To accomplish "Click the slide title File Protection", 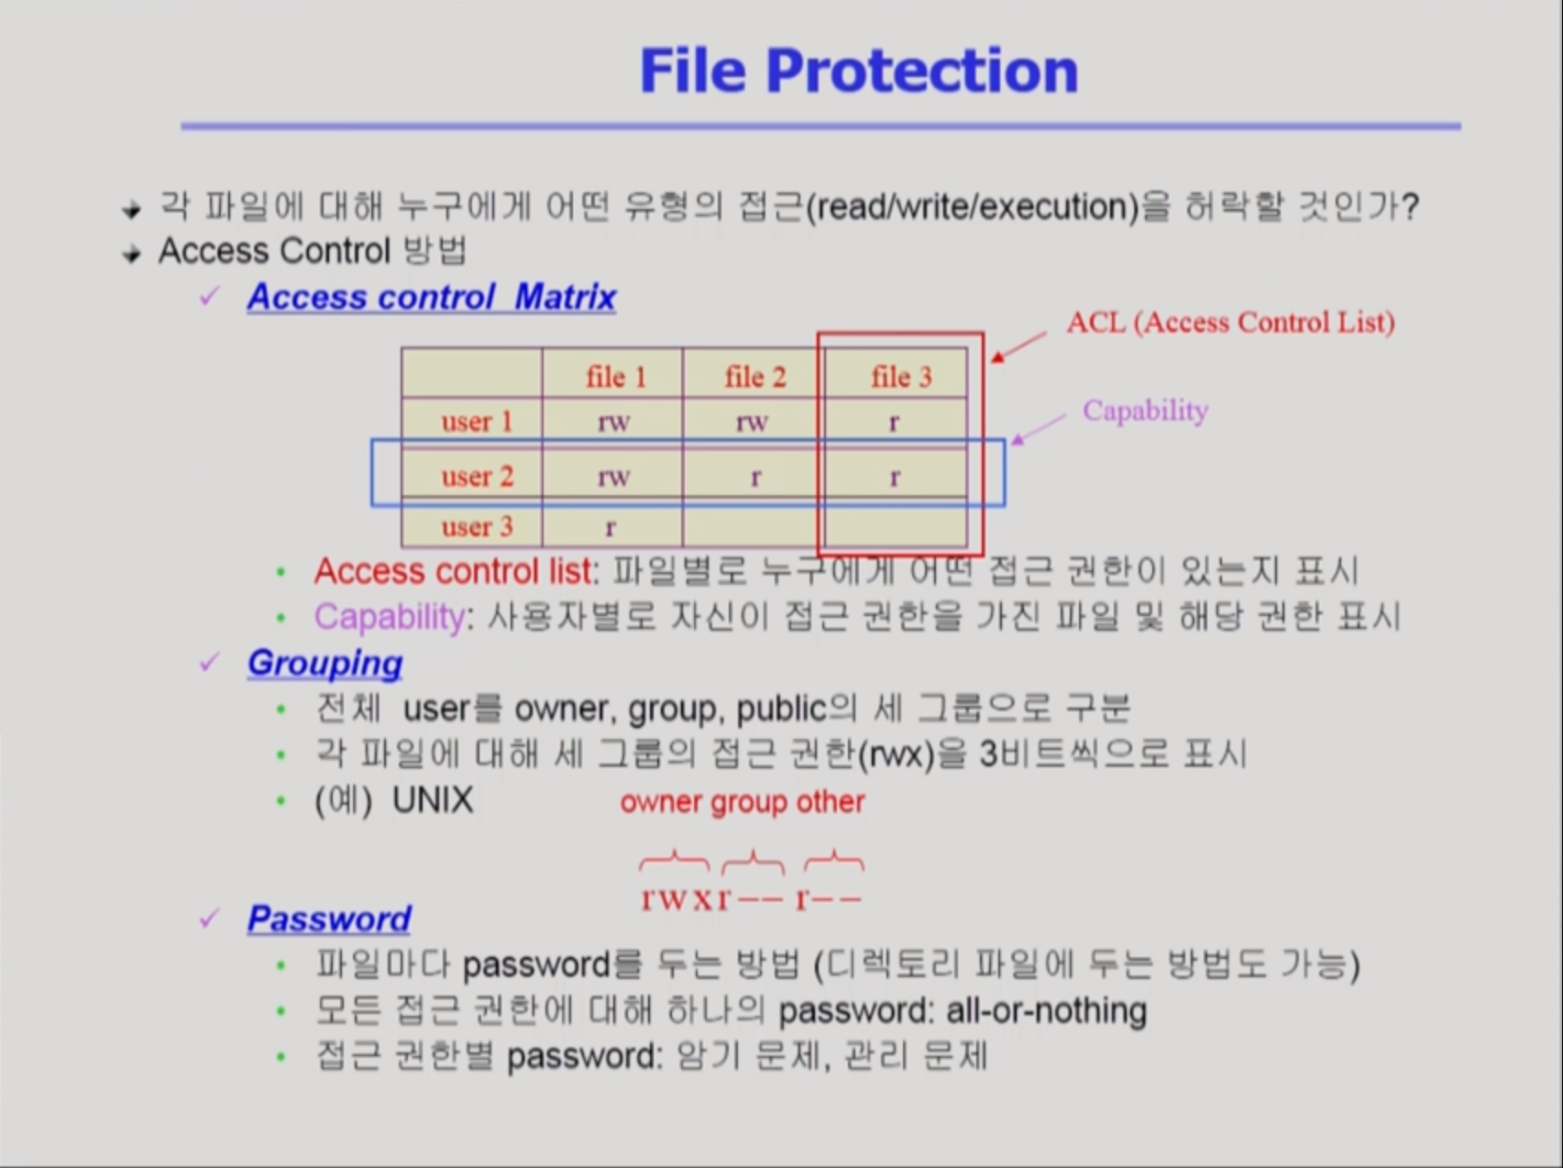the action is (x=858, y=71).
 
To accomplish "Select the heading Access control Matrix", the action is (x=431, y=297).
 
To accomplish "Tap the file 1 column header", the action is (x=616, y=377).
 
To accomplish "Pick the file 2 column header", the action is (x=755, y=377).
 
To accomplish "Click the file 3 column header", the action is (x=901, y=377).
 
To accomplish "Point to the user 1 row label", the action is (x=477, y=422).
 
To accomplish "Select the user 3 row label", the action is (x=477, y=527).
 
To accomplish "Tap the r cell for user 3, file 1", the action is (x=611, y=528).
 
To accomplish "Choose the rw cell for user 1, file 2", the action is (x=752, y=423).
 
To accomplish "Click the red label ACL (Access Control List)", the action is (x=1230, y=323).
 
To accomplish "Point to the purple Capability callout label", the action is (x=1145, y=411).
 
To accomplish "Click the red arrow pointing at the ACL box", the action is (x=1018, y=347).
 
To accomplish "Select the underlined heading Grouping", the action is (x=325, y=663).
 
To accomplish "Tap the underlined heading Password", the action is (x=329, y=919).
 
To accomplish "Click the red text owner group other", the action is (x=743, y=802).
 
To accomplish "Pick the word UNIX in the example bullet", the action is (x=433, y=800).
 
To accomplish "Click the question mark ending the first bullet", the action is (x=1410, y=205).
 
